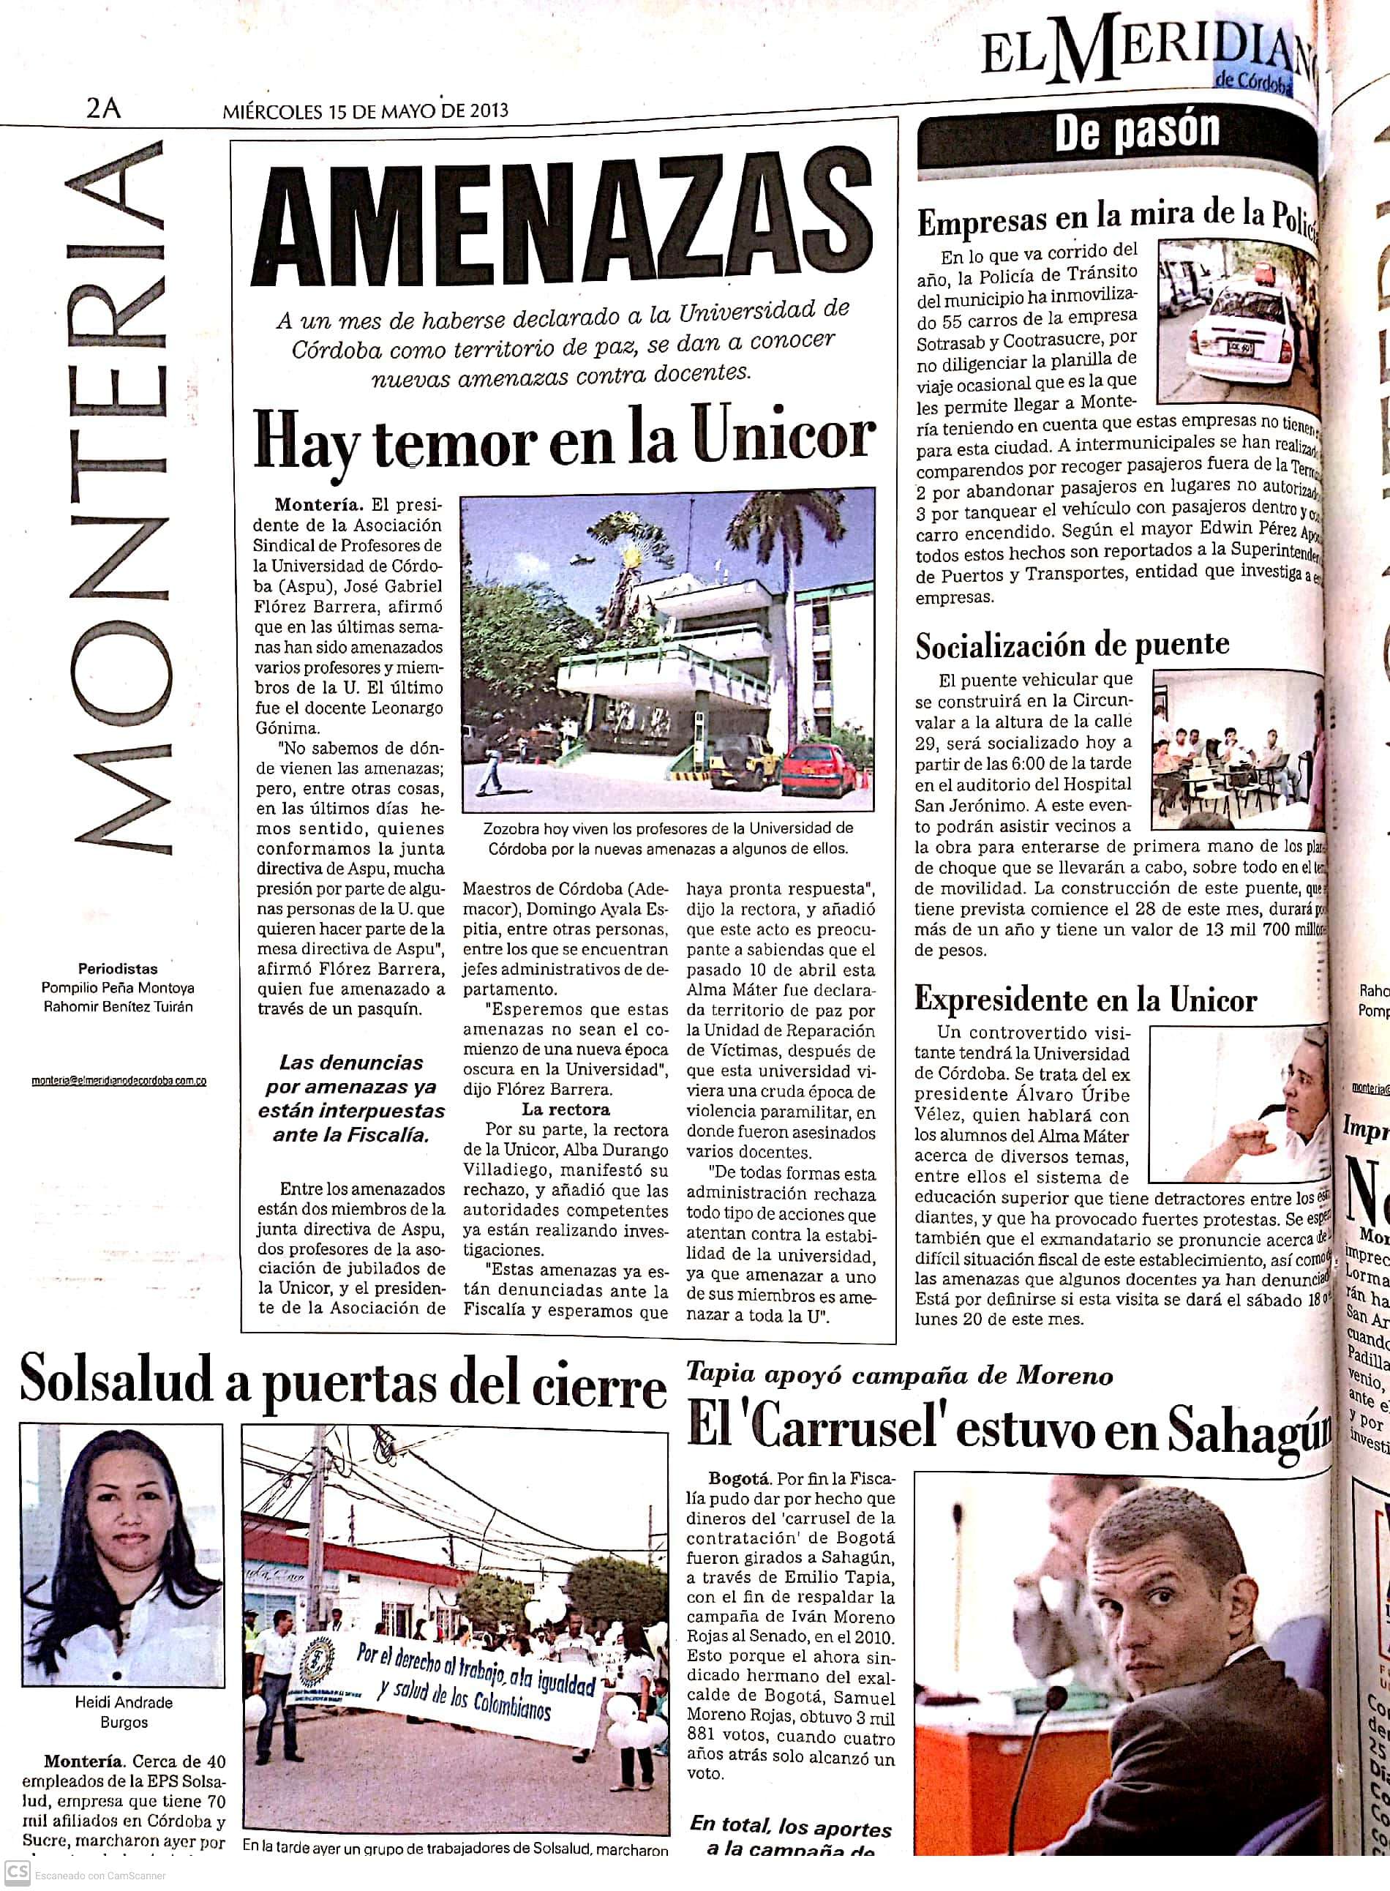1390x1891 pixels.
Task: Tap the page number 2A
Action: tap(103, 108)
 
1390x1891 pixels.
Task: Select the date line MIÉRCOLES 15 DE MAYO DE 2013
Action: tap(365, 111)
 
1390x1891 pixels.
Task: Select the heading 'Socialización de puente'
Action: tap(1072, 645)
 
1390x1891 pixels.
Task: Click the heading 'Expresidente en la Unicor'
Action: tap(1086, 1000)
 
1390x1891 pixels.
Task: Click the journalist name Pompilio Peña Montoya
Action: tap(118, 988)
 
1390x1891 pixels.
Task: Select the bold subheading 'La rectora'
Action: tap(566, 1110)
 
